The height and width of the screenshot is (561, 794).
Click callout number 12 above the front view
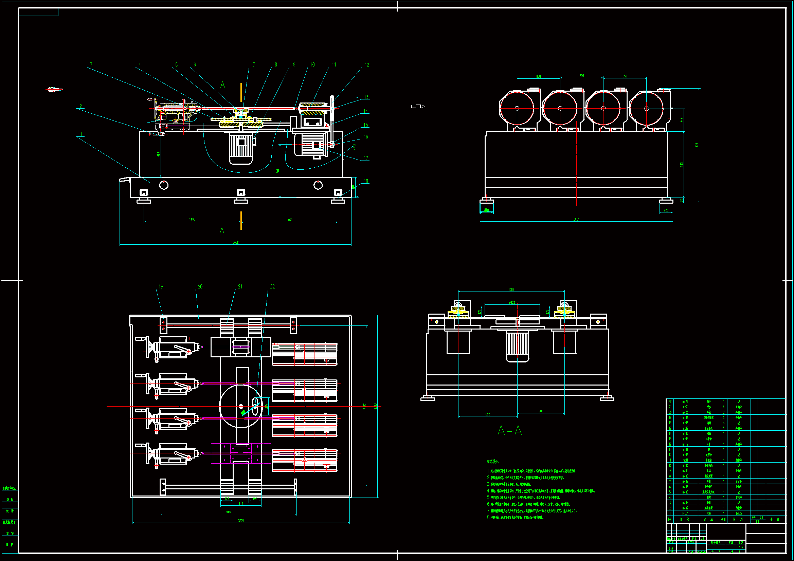click(x=367, y=64)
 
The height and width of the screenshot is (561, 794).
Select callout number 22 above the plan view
click(x=272, y=286)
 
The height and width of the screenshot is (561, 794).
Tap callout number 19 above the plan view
click(x=160, y=286)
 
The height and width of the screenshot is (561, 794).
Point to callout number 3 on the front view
click(x=91, y=64)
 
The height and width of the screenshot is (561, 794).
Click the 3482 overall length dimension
click(x=235, y=242)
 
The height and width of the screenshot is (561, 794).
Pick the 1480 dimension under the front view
click(x=192, y=219)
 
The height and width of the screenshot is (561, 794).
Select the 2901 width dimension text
click(x=576, y=219)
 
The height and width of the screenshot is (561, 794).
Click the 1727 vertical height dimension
click(x=697, y=146)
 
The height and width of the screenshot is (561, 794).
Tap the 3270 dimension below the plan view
click(x=241, y=521)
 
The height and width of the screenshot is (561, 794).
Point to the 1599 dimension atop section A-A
click(x=511, y=289)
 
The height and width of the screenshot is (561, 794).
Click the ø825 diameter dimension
click(x=512, y=303)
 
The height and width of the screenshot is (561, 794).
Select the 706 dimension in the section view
click(x=541, y=411)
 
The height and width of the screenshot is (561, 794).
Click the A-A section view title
click(x=509, y=431)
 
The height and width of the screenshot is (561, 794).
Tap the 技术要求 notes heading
click(x=493, y=461)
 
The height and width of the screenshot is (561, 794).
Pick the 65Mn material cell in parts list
click(x=739, y=482)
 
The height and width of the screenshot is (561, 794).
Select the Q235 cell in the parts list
click(x=739, y=513)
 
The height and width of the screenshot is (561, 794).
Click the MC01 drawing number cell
click(x=685, y=513)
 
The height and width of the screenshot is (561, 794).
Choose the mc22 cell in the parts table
click(x=685, y=402)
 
